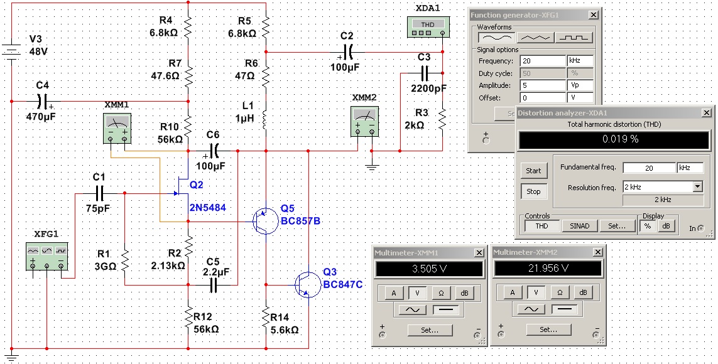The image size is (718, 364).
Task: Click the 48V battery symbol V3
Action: click(x=11, y=50)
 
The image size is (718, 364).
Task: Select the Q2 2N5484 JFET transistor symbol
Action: click(x=183, y=187)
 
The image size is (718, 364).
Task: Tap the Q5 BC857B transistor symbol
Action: click(x=261, y=221)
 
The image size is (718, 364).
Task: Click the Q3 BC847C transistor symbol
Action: click(x=305, y=284)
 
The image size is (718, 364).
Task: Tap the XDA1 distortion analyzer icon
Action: click(x=427, y=24)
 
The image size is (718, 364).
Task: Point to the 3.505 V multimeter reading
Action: click(x=429, y=268)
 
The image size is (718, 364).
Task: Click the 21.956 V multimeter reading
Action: click(x=548, y=268)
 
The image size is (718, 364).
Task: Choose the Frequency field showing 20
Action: click(x=542, y=62)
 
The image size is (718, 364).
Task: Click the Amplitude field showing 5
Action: click(x=542, y=85)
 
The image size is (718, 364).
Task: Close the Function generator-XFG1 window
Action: click(x=593, y=15)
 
